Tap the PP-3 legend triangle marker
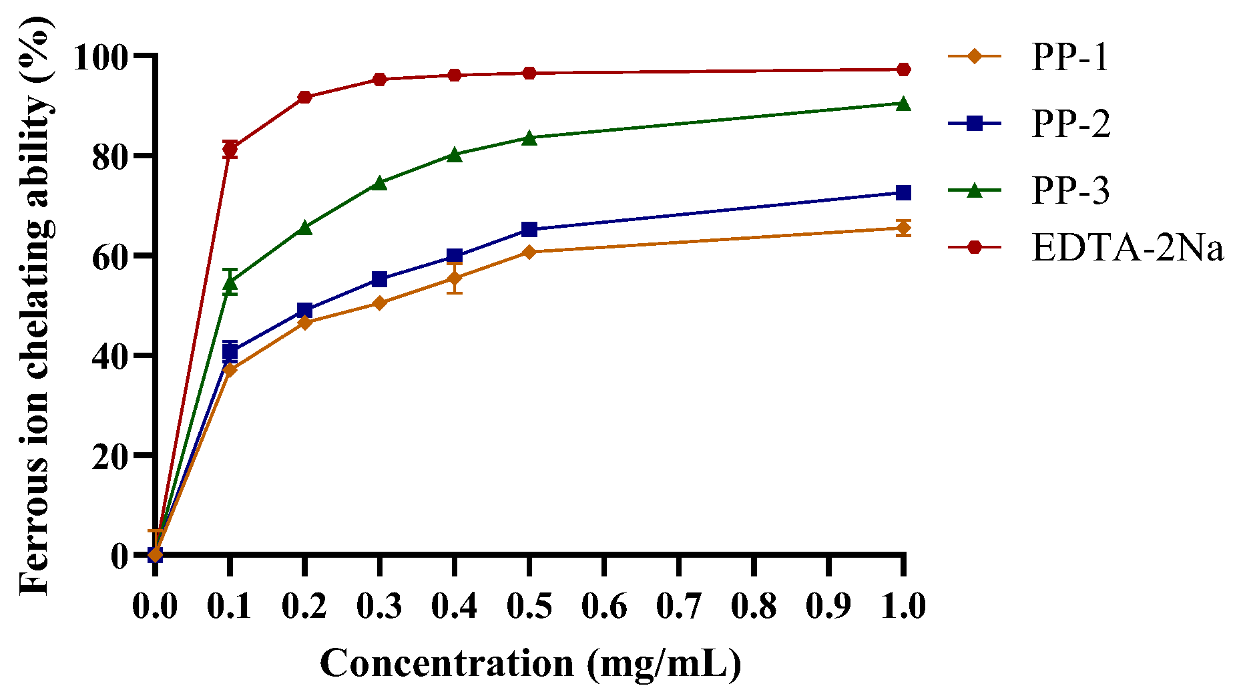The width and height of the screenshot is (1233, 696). [975, 190]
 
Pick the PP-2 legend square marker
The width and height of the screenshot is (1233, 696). [975, 123]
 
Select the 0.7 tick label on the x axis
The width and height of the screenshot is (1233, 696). [678, 606]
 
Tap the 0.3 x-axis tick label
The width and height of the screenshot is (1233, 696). [379, 606]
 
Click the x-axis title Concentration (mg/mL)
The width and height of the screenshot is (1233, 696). [530, 663]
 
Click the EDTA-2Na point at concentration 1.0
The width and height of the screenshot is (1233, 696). [903, 69]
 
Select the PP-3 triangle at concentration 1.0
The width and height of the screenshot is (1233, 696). [903, 103]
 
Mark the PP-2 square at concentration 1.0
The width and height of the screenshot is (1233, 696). [903, 193]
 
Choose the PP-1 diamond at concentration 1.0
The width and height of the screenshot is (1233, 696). [903, 228]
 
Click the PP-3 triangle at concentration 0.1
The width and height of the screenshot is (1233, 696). [230, 283]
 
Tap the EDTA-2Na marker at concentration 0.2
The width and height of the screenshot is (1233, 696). [305, 97]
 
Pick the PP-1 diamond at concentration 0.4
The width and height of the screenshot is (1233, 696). [455, 278]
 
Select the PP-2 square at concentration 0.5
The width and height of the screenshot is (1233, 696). [529, 230]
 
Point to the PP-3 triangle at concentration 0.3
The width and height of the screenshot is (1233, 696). [379, 183]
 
